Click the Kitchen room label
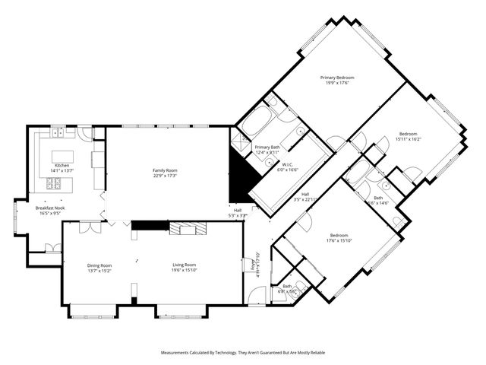[x=62, y=165]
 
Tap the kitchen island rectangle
[x=62, y=156]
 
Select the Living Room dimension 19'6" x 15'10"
[x=184, y=270]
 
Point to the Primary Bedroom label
[x=337, y=78]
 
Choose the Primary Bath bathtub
[x=253, y=122]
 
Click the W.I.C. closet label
[x=288, y=164]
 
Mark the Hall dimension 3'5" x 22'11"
[x=305, y=199]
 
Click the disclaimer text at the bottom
[x=242, y=352]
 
